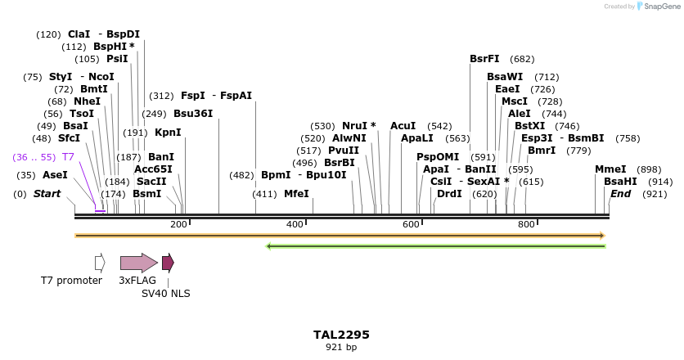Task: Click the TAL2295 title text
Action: [x=341, y=335]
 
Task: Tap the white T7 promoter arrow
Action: [x=100, y=263]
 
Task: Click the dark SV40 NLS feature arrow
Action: [x=168, y=263]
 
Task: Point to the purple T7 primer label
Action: [x=68, y=156]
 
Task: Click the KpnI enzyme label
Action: [x=168, y=133]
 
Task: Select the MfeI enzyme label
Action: [x=296, y=194]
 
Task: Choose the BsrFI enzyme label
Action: [x=484, y=59]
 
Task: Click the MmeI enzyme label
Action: [x=610, y=169]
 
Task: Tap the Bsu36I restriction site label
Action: [x=193, y=114]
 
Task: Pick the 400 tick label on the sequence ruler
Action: [x=295, y=224]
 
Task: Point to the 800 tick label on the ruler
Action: [x=526, y=224]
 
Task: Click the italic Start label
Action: [x=47, y=194]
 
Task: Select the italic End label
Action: [x=620, y=194]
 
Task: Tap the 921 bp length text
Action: [x=341, y=347]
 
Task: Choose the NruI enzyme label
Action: [x=356, y=126]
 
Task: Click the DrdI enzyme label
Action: [x=449, y=194]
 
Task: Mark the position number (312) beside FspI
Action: [x=161, y=96]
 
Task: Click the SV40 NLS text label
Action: [x=165, y=292]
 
